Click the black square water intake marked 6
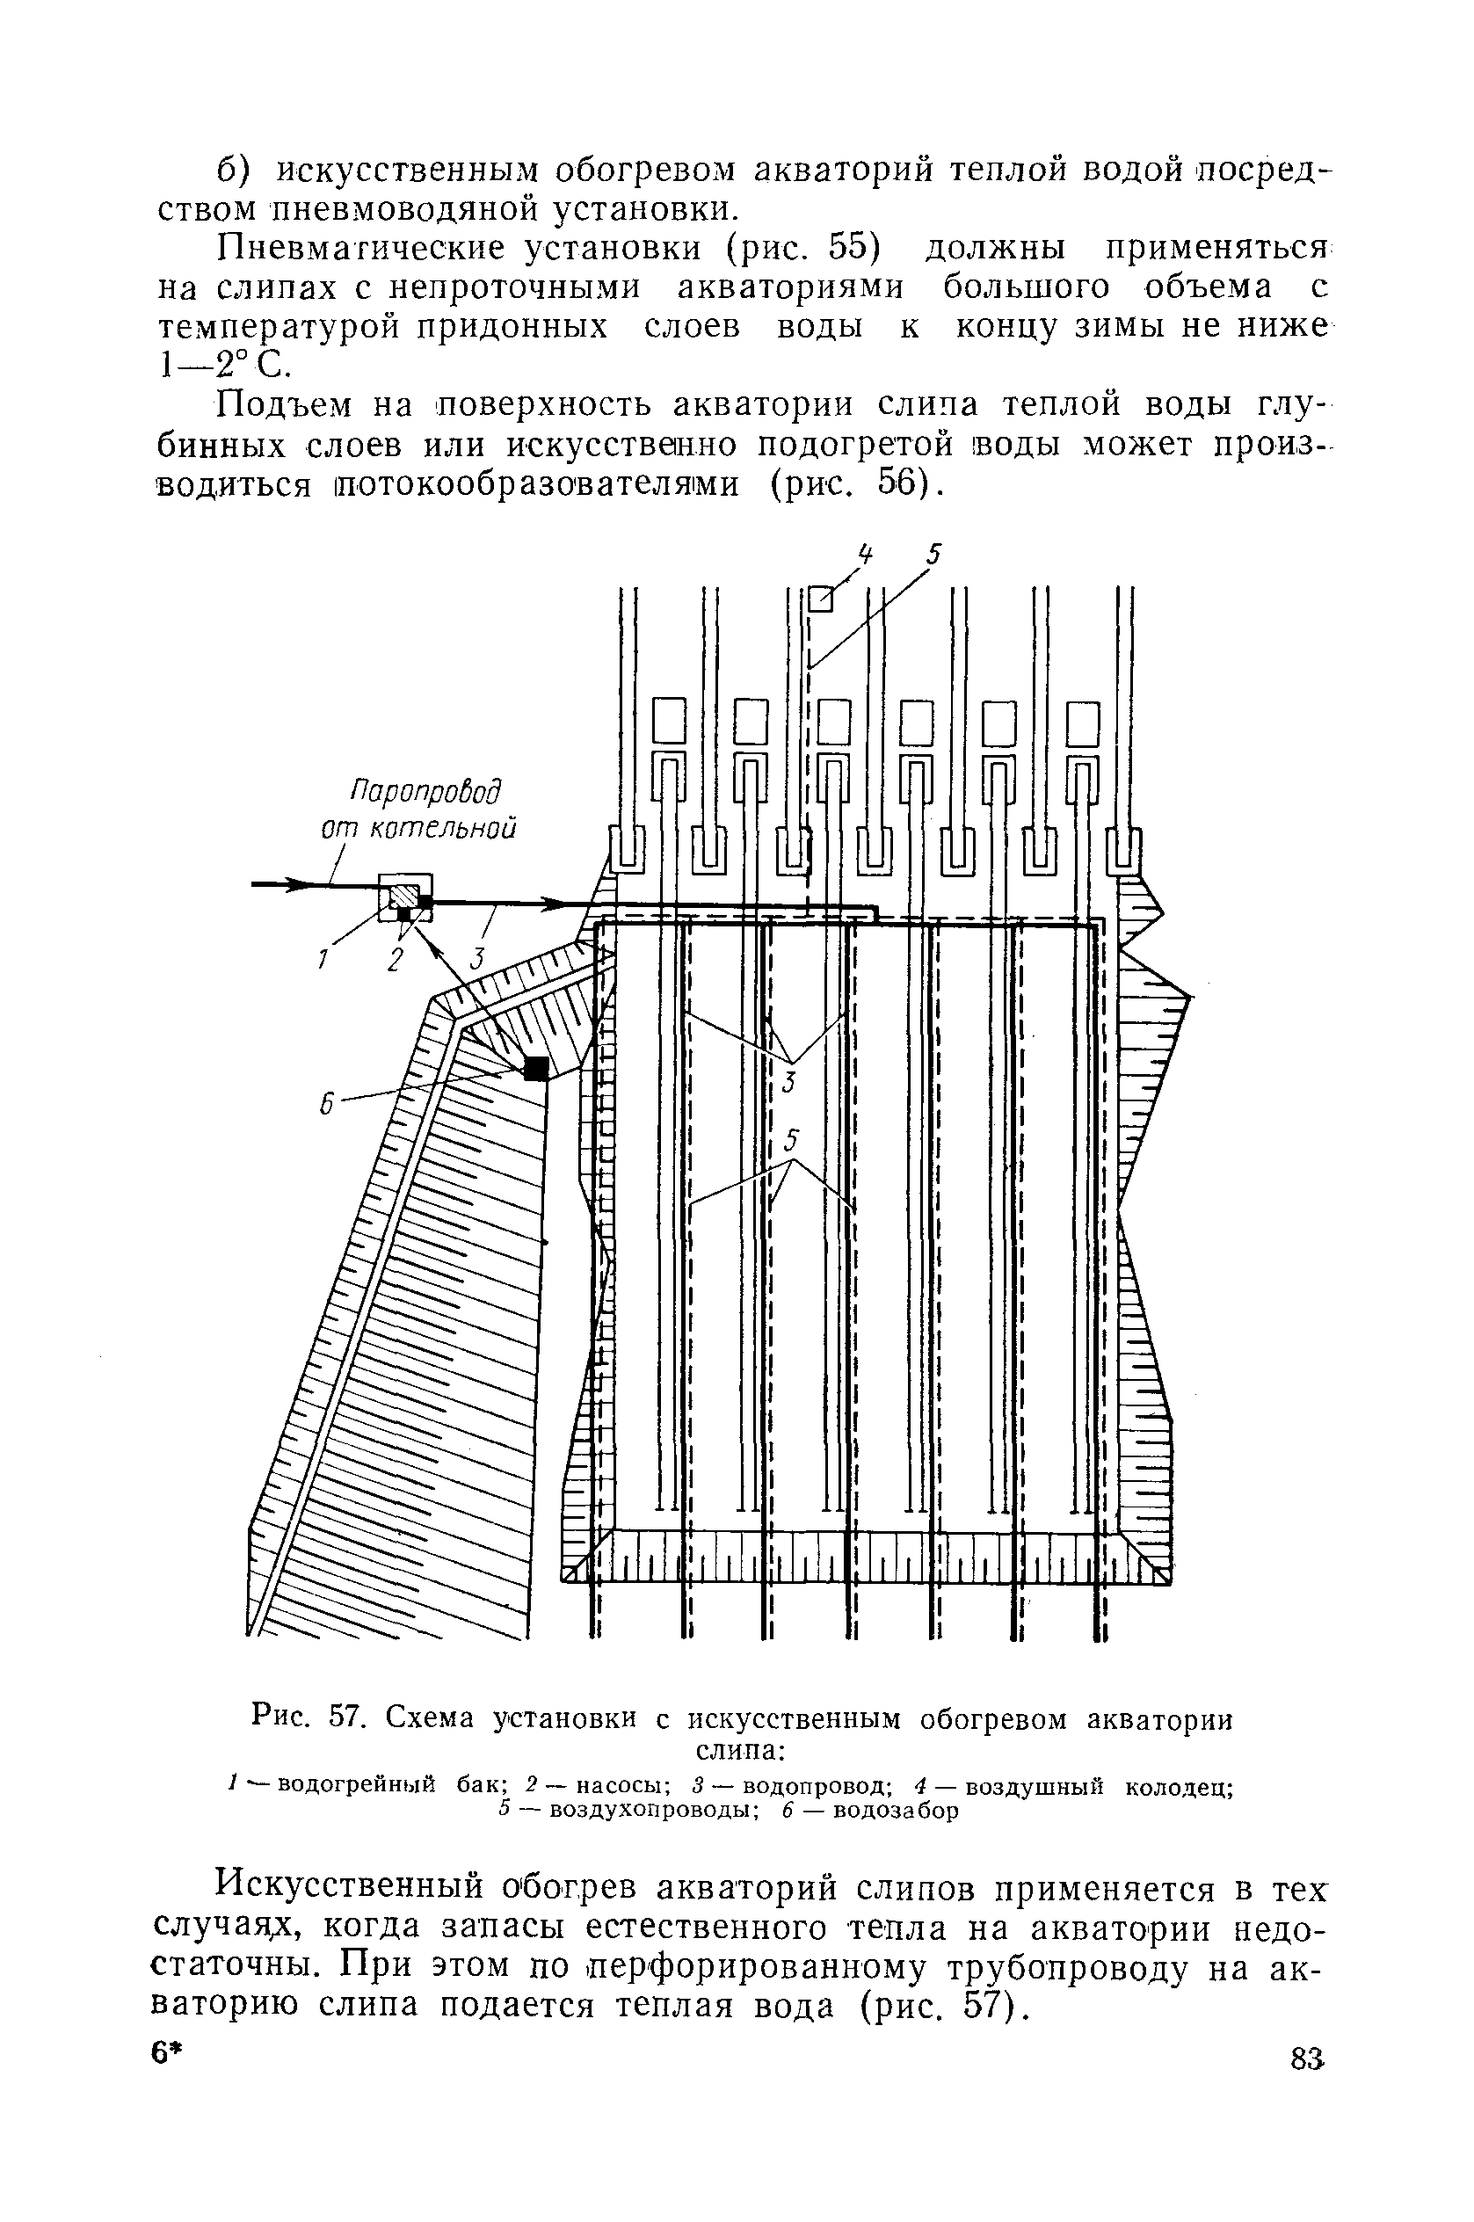[x=536, y=1069]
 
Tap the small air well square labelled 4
[x=821, y=598]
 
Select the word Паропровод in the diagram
[x=425, y=790]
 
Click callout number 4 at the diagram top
[x=865, y=555]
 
